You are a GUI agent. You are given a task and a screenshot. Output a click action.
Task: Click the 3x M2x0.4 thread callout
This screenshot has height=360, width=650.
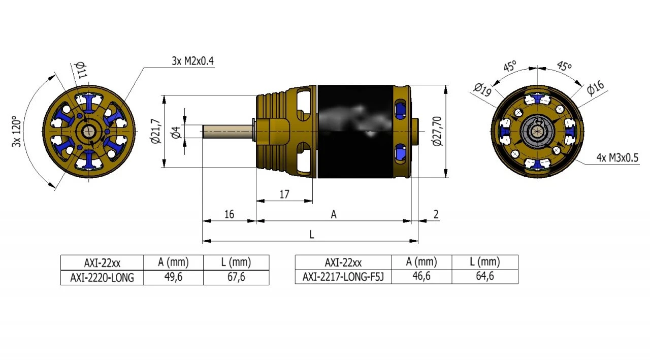193,61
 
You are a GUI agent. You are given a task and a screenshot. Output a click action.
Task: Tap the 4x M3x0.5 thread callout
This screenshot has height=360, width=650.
617,158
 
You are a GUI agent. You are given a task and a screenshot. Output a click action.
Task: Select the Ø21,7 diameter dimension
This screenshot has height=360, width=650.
156,132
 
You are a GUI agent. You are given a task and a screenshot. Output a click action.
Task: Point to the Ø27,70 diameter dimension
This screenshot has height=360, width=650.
438,131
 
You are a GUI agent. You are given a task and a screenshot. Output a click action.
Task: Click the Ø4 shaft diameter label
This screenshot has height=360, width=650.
176,133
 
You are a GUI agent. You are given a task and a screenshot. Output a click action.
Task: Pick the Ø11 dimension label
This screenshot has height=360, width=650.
80,70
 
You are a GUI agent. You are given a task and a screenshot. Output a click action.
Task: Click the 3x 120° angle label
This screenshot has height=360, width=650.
16,132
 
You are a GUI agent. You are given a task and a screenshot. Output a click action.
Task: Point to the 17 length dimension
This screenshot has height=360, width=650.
284,194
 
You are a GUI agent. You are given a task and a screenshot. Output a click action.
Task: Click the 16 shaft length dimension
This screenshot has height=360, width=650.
229,214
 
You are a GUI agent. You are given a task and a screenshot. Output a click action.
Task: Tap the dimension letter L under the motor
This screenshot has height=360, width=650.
312,234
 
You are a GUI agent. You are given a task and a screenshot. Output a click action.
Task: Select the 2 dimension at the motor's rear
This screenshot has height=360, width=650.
436,214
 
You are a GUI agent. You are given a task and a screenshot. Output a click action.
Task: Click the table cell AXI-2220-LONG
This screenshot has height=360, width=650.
102,278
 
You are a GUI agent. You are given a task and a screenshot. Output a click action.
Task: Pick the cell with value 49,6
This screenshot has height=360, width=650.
173,278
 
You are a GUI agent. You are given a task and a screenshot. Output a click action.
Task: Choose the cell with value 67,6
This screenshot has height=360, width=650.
236,278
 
